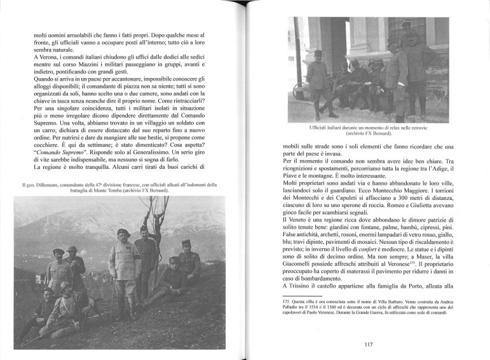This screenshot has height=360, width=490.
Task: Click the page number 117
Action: (x=369, y=345)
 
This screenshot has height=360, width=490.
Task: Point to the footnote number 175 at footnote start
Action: (x=287, y=302)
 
